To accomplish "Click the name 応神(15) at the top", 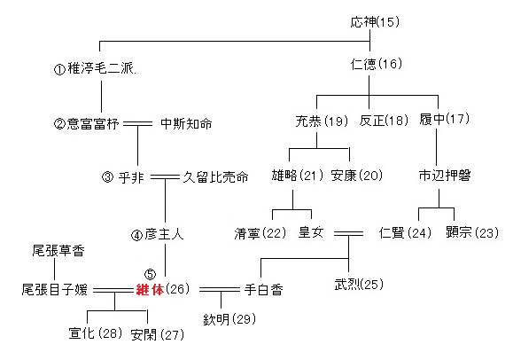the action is (375, 22).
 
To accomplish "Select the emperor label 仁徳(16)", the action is (377, 64).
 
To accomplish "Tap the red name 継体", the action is (150, 289).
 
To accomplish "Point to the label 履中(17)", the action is (444, 119).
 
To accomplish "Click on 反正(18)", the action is (384, 121).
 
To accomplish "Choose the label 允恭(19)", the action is (322, 121).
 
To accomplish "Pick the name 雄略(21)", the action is (298, 176).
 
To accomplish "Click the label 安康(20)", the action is (356, 176).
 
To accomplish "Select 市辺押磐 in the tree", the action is (445, 176).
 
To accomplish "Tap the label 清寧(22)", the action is (260, 233).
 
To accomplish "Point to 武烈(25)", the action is (359, 284).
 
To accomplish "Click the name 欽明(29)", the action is (229, 319).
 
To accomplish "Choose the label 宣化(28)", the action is (96, 333).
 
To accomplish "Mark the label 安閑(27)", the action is (157, 334).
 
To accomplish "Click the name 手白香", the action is (264, 290).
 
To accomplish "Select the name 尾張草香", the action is (58, 251).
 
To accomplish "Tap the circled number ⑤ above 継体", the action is (150, 274).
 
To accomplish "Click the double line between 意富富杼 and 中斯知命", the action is (137, 123).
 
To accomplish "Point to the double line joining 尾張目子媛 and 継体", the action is (113, 290).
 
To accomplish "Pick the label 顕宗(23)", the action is (472, 232).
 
